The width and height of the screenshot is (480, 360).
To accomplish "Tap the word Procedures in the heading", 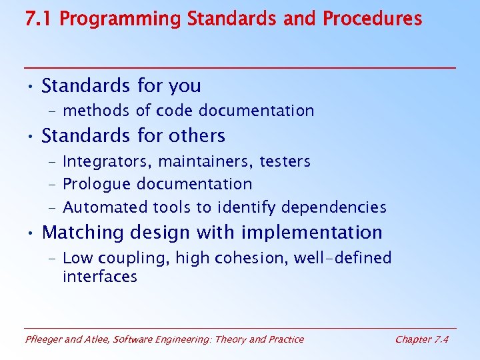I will click(372, 18).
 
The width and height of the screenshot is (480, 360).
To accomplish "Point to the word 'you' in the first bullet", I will click(185, 86).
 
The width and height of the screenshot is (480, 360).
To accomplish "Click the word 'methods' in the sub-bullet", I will click(95, 111).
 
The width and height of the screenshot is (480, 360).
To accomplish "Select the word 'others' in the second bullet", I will click(197, 136).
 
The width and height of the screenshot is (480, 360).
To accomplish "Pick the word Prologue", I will click(97, 184).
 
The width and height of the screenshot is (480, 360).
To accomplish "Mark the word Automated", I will click(105, 207).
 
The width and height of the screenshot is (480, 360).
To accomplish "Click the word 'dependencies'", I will click(334, 207).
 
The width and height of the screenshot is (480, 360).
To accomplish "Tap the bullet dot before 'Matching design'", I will click(31, 233).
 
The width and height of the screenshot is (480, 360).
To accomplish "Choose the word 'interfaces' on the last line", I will click(100, 277).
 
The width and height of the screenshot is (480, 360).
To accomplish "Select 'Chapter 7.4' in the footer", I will click(422, 339).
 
